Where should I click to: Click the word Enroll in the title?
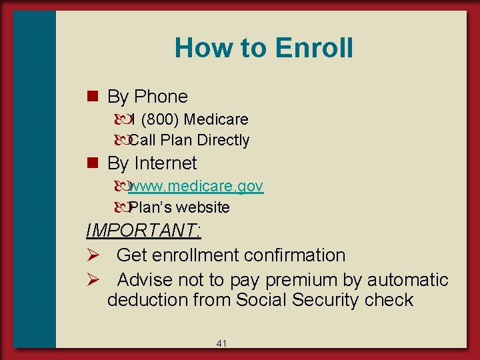(x=313, y=48)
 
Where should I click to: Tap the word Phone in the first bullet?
(x=161, y=97)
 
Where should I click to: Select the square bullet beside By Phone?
(x=93, y=96)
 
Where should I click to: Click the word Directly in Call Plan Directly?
(x=222, y=140)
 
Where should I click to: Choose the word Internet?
(x=165, y=163)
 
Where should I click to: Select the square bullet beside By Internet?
(x=93, y=163)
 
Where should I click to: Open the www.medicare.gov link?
(x=196, y=187)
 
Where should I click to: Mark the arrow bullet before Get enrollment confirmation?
(x=93, y=255)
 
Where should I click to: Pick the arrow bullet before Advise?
(x=93, y=279)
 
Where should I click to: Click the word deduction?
(x=147, y=300)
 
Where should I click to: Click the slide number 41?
(x=222, y=343)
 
